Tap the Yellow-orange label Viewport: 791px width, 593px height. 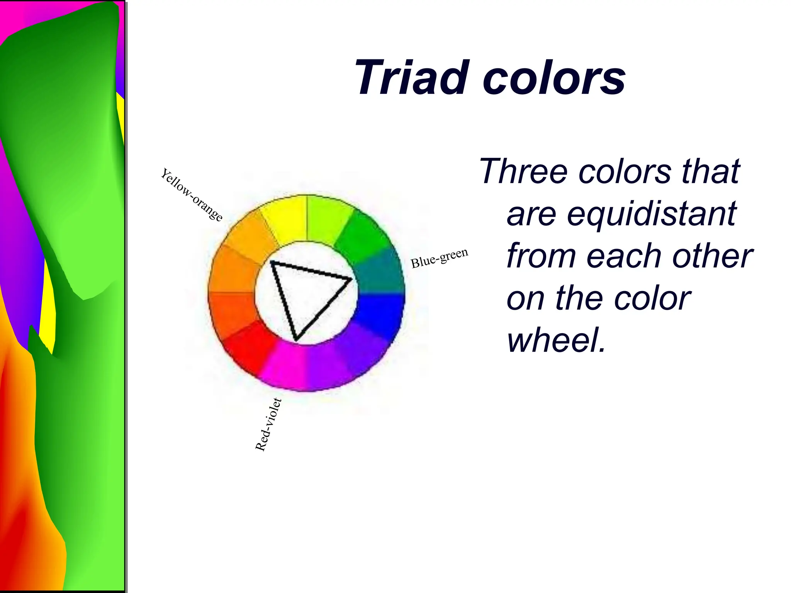click(x=191, y=195)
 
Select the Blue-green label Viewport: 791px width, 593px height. click(x=439, y=258)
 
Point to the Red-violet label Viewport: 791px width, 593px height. click(x=268, y=425)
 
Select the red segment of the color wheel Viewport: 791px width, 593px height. click(x=247, y=347)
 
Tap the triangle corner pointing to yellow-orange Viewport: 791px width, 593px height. click(x=272, y=263)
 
